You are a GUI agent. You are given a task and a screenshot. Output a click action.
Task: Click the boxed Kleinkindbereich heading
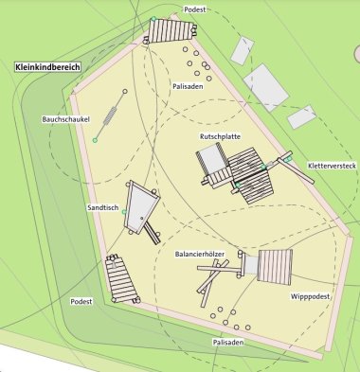click(47, 68)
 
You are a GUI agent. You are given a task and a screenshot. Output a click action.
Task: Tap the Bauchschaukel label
click(65, 120)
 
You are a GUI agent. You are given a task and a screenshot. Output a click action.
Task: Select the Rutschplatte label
click(219, 137)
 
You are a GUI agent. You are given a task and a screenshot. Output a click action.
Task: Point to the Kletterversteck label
click(332, 166)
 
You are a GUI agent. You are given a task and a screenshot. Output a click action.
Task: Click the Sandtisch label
click(102, 206)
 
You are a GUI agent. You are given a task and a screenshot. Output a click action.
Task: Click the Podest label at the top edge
click(195, 9)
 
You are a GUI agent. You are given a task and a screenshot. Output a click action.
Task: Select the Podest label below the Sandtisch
click(82, 300)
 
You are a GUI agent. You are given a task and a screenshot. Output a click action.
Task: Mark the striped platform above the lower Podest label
click(121, 278)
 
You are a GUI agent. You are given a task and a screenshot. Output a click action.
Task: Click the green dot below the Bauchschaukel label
click(95, 141)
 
